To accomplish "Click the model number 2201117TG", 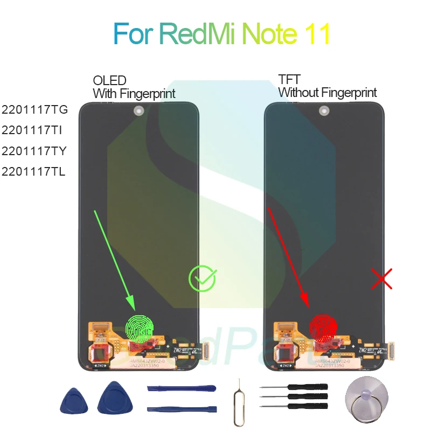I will [34, 110].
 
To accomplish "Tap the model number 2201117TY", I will [34, 151].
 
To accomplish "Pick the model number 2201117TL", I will [34, 172].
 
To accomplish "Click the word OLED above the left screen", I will [109, 81].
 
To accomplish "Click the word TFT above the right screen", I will [289, 81].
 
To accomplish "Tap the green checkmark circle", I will [202, 279].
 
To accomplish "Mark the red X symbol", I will [382, 279].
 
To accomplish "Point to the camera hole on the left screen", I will [138, 112].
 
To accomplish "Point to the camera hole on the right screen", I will [324, 112].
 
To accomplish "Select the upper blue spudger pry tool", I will [181, 389].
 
